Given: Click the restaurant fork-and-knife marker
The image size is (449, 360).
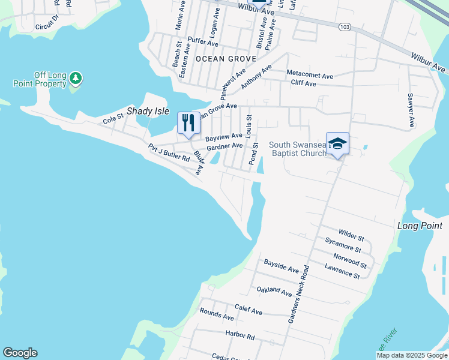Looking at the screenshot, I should (188, 124).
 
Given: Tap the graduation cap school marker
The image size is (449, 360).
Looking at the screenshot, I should (337, 143).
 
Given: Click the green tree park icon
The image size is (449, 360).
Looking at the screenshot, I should (76, 78).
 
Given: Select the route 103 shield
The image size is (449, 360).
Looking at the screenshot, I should (344, 27).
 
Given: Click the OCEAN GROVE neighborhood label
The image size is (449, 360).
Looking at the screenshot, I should (226, 59).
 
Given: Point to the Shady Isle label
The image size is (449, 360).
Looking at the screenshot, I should (148, 112).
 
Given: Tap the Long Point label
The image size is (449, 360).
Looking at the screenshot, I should (420, 226).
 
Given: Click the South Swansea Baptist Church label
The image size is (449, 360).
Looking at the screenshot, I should (298, 149).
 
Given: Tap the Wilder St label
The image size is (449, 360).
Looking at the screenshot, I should (351, 234).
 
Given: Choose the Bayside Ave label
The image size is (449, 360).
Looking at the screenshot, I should (281, 266).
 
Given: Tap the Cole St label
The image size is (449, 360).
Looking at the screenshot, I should (113, 120).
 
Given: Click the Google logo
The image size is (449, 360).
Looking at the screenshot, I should (20, 353).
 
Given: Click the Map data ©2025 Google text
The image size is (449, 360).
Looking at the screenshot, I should (411, 355).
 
